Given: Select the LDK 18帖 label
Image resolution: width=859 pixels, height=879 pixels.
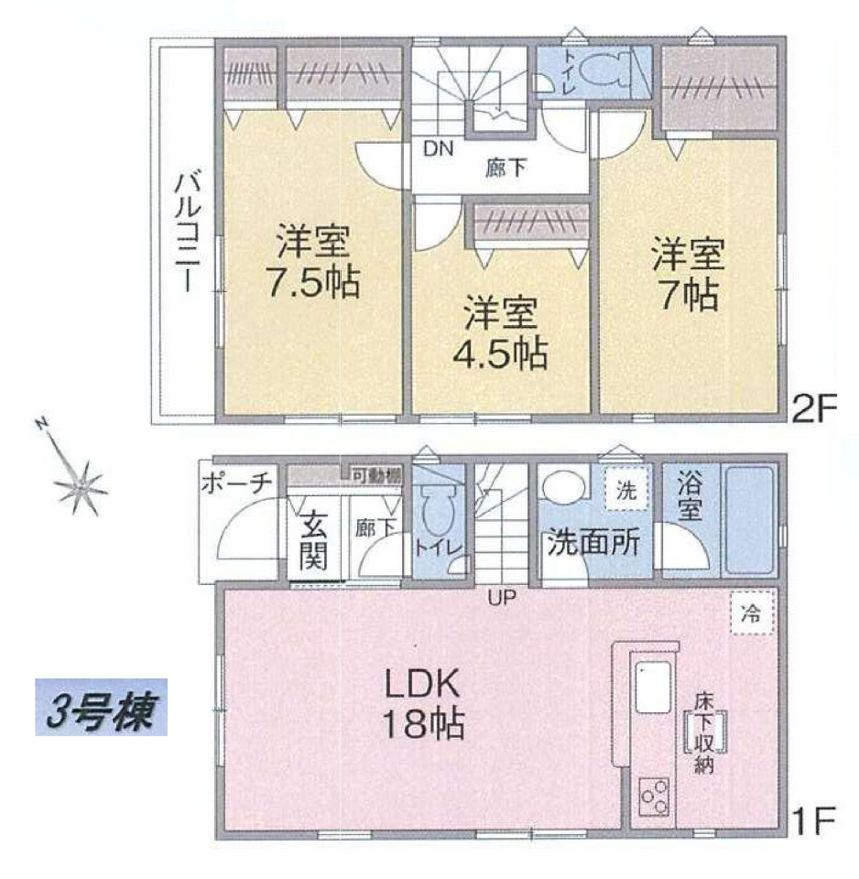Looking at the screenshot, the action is (x=423, y=704).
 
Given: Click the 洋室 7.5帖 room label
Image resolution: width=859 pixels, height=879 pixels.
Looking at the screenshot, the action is (x=313, y=261).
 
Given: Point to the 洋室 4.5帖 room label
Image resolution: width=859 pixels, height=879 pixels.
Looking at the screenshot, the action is (x=500, y=333).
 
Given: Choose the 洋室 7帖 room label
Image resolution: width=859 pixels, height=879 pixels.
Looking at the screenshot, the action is (x=689, y=275).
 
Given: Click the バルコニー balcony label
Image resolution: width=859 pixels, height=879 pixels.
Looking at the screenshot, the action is (x=188, y=232).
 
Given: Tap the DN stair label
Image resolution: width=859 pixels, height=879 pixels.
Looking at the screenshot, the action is (x=438, y=148).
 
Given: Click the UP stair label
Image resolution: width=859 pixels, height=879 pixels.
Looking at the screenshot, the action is (x=501, y=598).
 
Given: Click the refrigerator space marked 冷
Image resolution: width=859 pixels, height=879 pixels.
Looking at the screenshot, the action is (x=752, y=613).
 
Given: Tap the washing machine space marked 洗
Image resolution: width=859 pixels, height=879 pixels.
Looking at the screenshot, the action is (x=626, y=489).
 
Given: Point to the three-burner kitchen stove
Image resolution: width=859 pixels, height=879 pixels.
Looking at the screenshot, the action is (x=654, y=796).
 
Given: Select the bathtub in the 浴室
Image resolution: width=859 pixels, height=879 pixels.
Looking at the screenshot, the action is (x=750, y=520).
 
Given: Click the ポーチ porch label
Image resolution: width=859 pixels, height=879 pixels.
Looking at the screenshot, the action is (x=236, y=483).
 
